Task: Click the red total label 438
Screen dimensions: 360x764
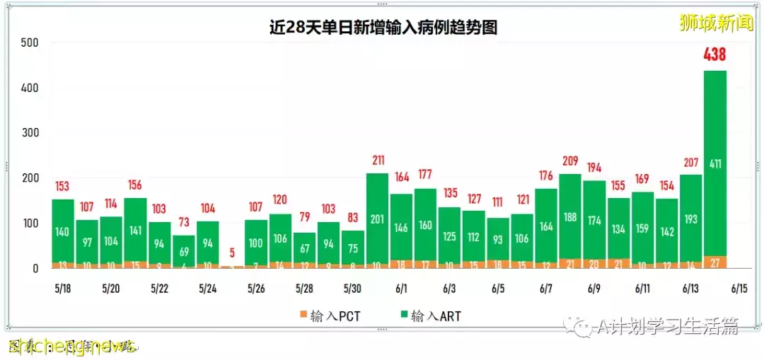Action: coord(714,54)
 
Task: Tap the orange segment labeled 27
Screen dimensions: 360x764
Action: coord(715,262)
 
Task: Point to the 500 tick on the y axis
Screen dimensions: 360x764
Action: coord(29,42)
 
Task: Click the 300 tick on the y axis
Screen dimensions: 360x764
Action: coord(29,133)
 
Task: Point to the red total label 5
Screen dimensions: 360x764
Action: coord(231,252)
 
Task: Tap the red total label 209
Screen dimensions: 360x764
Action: coord(569,161)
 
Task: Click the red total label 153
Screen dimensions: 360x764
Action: coord(63,186)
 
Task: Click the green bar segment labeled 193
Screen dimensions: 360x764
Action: coord(690,219)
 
